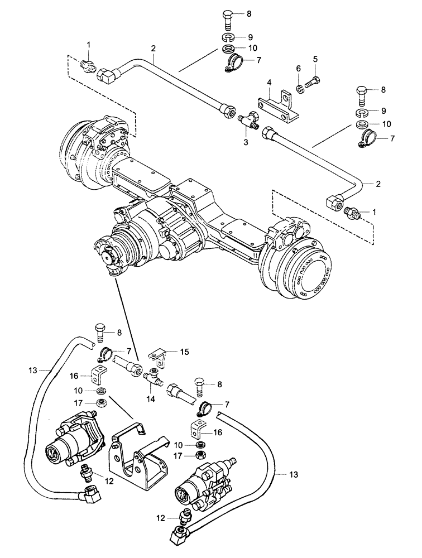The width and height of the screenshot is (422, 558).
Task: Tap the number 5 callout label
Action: pyautogui.click(x=315, y=59)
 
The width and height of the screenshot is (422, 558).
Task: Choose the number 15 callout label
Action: pyautogui.click(x=185, y=352)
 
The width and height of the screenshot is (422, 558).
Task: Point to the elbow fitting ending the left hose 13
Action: pyautogui.click(x=90, y=493)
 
